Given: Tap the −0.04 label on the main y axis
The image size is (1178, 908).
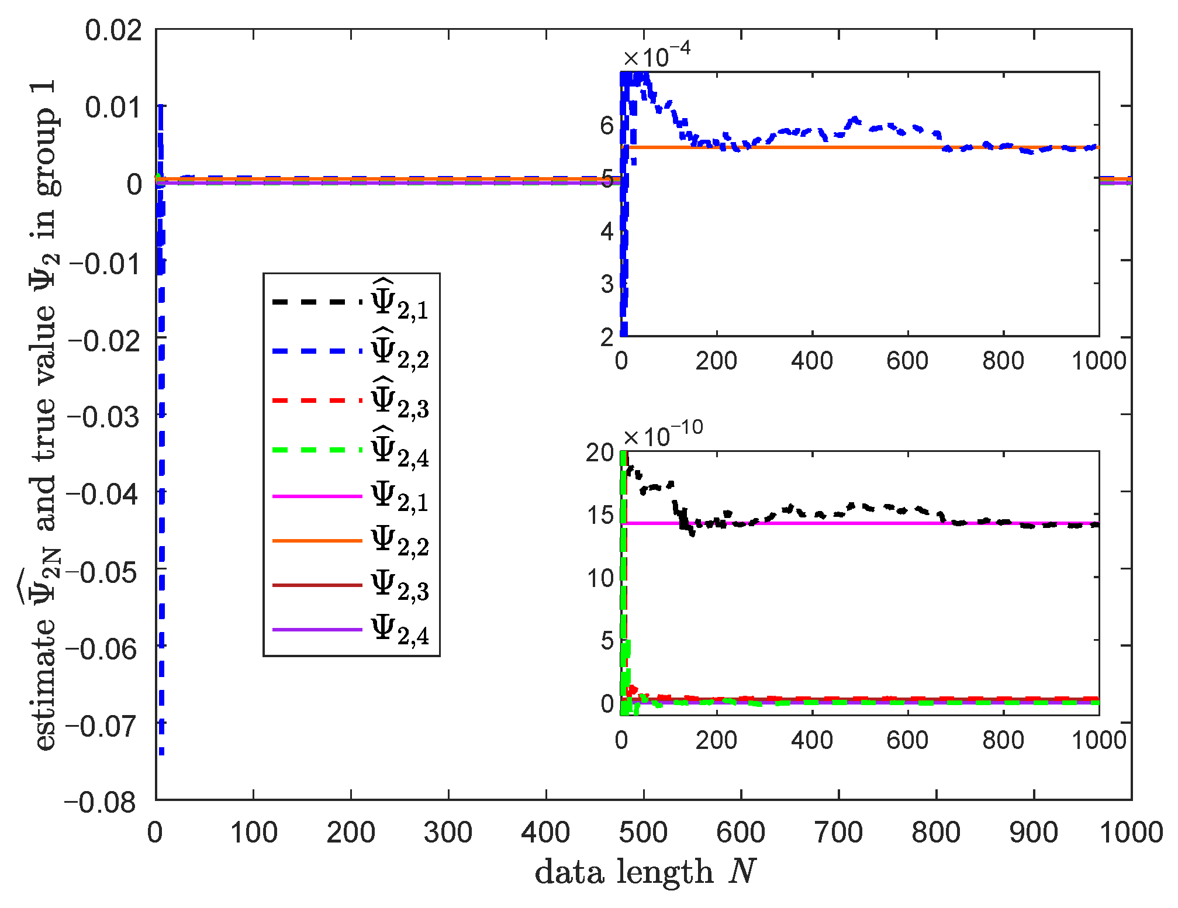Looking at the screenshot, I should (x=103, y=494).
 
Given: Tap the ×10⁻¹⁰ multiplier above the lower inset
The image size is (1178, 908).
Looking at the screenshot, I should (x=662, y=435).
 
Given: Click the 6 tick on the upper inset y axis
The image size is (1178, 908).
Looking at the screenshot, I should (x=606, y=125).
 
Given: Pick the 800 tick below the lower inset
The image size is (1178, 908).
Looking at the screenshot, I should (x=1003, y=740).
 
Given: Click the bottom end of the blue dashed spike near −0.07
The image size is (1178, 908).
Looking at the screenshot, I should (x=161, y=752).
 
